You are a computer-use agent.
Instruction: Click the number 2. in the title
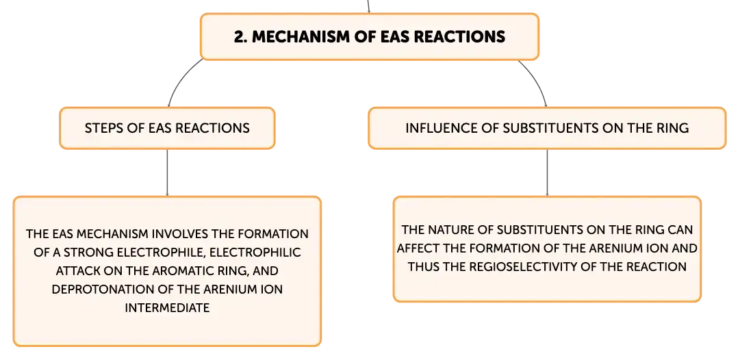click(241, 37)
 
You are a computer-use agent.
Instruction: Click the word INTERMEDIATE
click(167, 308)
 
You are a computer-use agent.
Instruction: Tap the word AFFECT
click(417, 248)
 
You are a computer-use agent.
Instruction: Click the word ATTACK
click(75, 271)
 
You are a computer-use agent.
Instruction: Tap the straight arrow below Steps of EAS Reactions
click(167, 172)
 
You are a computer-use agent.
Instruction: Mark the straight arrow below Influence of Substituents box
click(547, 172)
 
